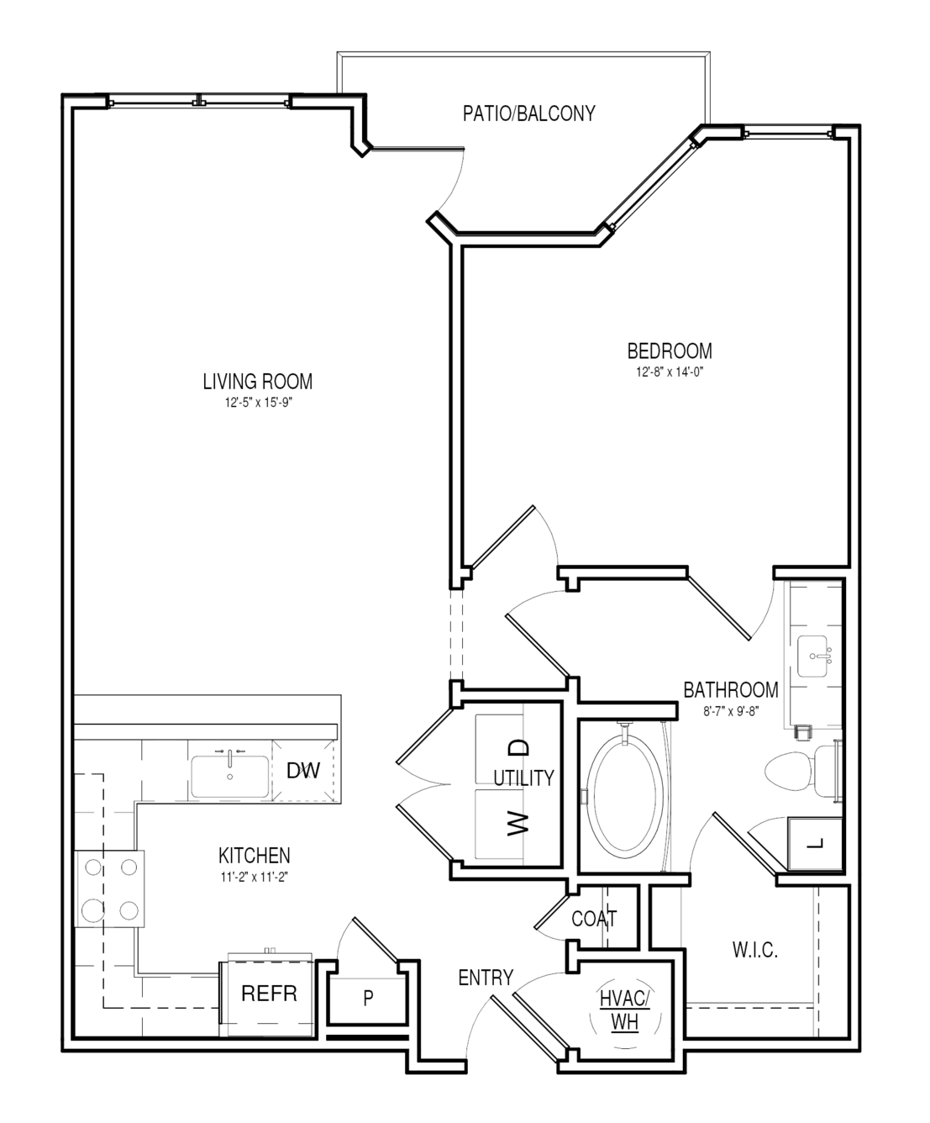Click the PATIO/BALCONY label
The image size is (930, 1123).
529,113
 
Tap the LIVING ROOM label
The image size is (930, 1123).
258,382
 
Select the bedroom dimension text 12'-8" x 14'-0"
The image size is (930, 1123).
670,372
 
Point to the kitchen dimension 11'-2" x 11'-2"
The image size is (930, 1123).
255,878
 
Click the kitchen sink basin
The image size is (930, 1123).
230,777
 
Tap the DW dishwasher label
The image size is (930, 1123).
303,771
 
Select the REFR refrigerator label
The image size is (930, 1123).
269,994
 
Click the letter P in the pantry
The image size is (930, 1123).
368,998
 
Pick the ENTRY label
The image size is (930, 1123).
486,978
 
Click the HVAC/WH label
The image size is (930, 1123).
625,1011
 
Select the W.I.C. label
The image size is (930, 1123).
754,951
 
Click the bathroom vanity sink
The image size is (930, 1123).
812,656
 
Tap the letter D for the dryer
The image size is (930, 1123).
518,747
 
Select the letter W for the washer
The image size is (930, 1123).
518,824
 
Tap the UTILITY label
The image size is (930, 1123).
523,778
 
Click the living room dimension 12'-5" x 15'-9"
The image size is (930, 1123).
259,403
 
